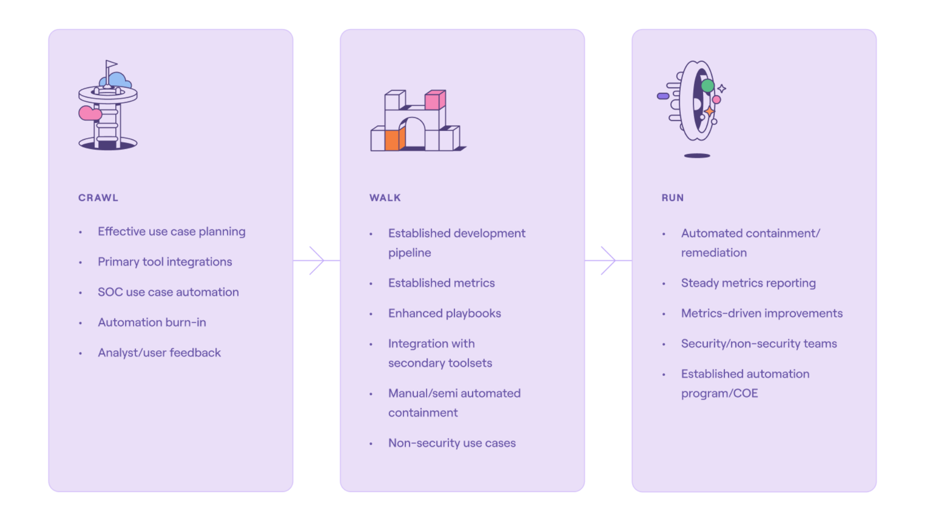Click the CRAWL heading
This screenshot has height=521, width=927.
click(x=98, y=198)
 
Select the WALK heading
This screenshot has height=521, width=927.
click(x=385, y=198)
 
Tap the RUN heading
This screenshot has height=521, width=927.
click(x=673, y=198)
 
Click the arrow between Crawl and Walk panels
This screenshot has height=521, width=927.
click(x=316, y=260)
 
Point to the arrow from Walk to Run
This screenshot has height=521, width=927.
click(x=608, y=260)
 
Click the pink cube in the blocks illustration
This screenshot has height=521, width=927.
click(x=435, y=100)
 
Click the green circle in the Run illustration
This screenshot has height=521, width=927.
click(x=707, y=86)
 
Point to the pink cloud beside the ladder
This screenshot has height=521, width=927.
click(x=90, y=113)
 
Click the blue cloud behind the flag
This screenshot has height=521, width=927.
click(x=117, y=80)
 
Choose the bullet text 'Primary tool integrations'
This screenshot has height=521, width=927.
click(x=165, y=262)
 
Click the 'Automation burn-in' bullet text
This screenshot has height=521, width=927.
click(x=152, y=322)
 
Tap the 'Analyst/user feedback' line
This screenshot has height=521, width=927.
click(x=159, y=353)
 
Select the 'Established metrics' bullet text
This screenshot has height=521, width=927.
click(x=441, y=283)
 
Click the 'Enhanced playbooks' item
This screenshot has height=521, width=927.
click(x=445, y=314)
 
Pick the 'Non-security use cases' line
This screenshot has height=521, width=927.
click(x=452, y=443)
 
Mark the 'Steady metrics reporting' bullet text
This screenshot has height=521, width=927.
click(x=748, y=283)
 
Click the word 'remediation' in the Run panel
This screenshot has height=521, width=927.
click(x=714, y=253)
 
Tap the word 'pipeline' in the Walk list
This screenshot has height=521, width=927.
click(x=409, y=253)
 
